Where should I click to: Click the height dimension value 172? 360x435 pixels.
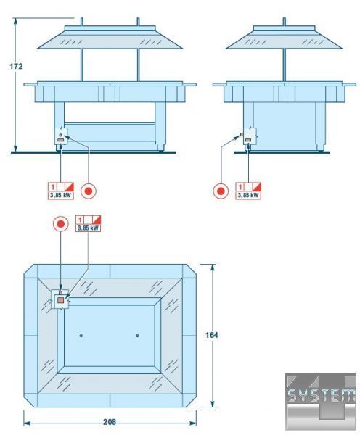[x=16, y=66]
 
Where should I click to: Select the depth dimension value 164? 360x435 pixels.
[x=211, y=335]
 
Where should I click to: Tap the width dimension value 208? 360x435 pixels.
[x=110, y=422]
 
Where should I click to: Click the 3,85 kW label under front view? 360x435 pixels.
[x=61, y=195]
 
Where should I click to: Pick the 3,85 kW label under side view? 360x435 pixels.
[x=248, y=195]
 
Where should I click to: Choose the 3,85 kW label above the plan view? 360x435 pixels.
[x=88, y=228]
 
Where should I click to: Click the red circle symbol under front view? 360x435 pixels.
[x=89, y=191]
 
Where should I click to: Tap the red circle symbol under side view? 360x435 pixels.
[x=221, y=191]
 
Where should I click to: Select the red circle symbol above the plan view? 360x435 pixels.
[x=61, y=224]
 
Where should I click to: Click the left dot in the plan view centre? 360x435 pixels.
[x=81, y=336]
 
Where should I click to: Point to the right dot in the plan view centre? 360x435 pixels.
[x=137, y=336]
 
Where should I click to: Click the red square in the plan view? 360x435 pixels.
[x=61, y=300]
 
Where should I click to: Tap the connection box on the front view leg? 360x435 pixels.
[x=61, y=136]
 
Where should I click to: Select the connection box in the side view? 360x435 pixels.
[x=250, y=136]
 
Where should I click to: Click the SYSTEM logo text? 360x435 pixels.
[x=321, y=395]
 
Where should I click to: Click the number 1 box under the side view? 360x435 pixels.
[x=240, y=187]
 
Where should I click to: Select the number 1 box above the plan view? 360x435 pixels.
[x=80, y=220]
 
